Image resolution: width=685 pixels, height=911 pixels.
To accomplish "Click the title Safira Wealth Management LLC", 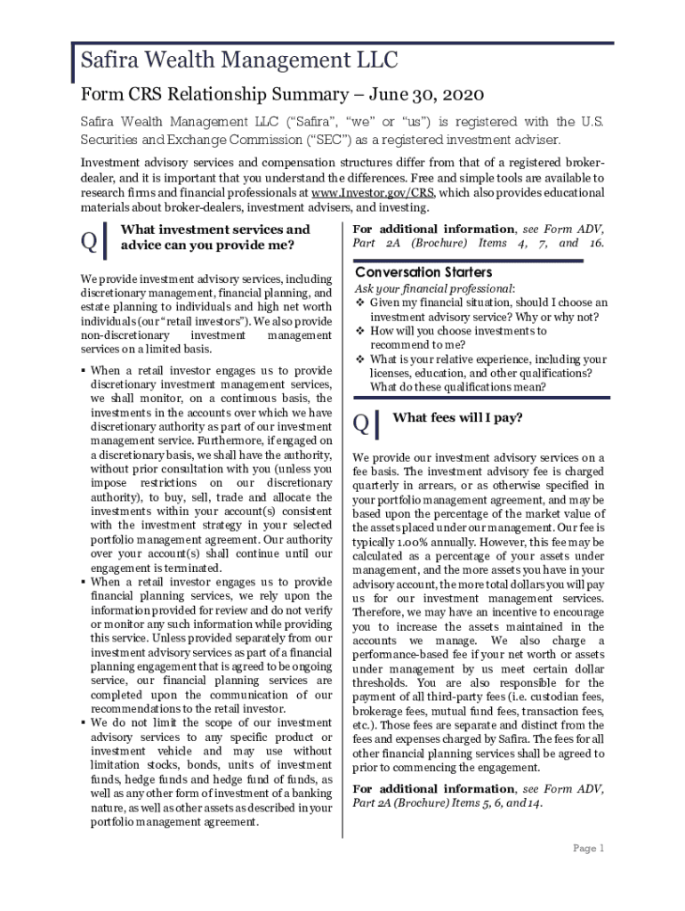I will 239,61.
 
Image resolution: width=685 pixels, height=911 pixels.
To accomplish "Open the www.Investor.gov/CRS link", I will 372,192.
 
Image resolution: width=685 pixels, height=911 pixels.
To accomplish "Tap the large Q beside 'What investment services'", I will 87,240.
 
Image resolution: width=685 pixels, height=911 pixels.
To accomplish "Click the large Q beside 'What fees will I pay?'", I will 361,425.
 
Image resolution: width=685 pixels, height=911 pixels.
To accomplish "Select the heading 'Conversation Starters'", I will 423,272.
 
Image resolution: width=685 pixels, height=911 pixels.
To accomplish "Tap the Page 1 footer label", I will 589,848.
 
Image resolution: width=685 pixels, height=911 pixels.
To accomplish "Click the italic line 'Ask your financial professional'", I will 433,289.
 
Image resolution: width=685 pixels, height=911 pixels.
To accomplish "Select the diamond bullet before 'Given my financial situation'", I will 360,302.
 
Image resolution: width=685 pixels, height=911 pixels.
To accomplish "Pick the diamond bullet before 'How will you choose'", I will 360,331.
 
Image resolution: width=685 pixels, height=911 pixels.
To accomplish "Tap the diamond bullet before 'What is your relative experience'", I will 360,359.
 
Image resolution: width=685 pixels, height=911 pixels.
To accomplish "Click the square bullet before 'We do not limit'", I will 83,723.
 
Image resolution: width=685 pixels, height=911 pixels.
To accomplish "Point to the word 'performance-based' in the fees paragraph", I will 405,656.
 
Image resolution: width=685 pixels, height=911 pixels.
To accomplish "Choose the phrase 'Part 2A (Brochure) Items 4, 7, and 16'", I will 479,243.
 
